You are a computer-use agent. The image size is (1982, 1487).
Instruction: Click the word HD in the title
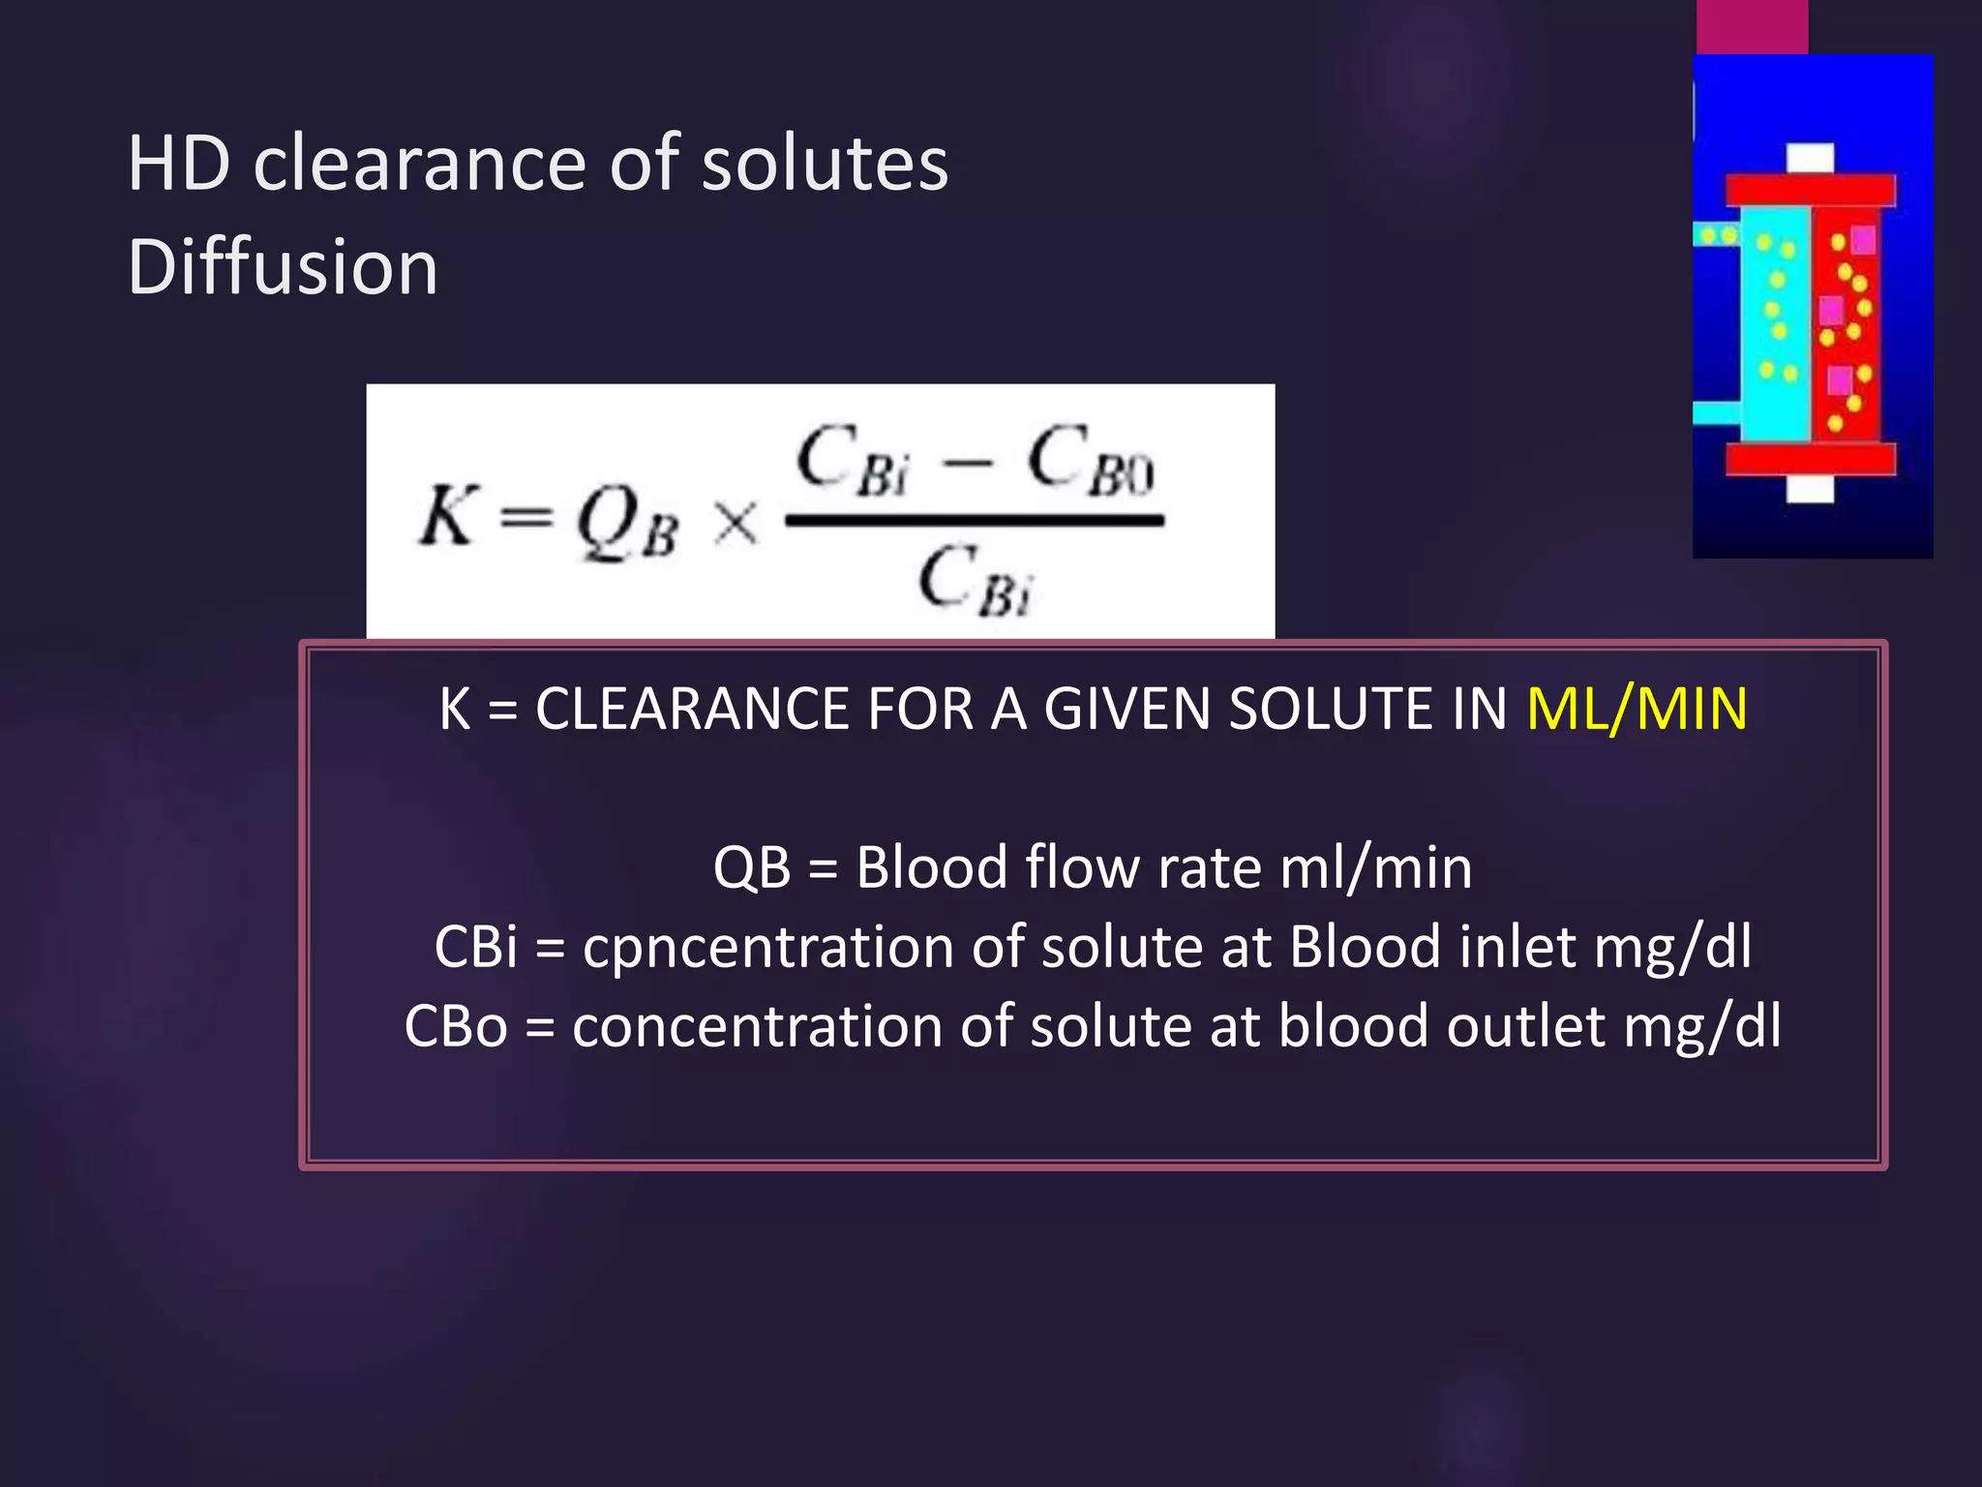coord(179,164)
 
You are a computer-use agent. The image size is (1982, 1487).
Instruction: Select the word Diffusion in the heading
coord(283,267)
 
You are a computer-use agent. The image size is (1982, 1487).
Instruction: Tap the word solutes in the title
coord(825,164)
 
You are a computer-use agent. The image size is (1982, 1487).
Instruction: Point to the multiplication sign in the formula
coord(736,525)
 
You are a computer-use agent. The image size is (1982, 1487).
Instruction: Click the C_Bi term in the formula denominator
coord(976,581)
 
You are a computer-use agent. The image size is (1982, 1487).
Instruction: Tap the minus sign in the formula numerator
coord(967,465)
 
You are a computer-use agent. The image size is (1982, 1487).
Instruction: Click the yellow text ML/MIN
coord(1637,709)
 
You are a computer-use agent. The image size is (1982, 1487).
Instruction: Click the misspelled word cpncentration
coord(768,947)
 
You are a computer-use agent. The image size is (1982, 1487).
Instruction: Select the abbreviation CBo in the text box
coord(455,1026)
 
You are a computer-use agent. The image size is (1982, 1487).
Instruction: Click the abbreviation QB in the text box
coord(751,867)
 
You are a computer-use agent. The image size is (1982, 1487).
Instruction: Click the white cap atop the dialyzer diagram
coord(1810,158)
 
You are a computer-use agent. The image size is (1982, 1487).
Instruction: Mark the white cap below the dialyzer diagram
coord(1810,490)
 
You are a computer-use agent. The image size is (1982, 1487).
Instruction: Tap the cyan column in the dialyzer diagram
coord(1776,329)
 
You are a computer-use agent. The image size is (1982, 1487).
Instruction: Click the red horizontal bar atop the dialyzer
coord(1810,190)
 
